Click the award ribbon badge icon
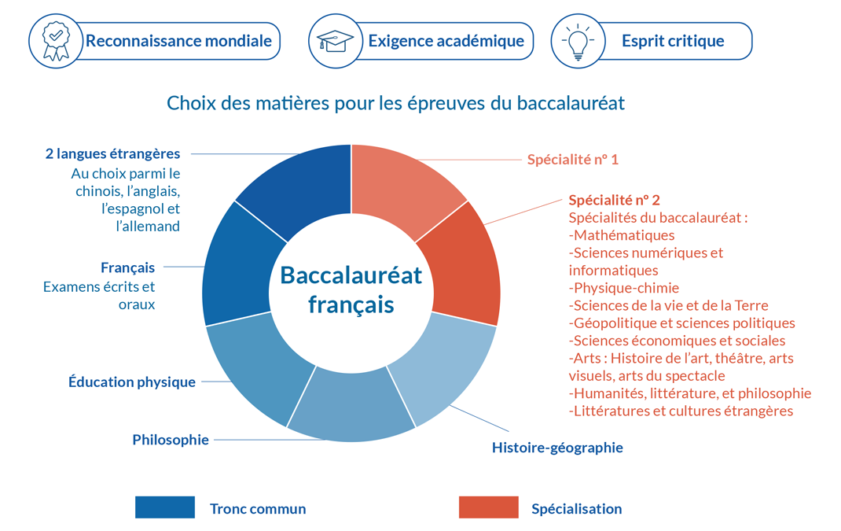click(56, 41)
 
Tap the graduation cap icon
click(335, 41)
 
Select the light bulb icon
click(578, 42)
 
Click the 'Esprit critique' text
click(673, 41)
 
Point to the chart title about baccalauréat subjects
click(396, 102)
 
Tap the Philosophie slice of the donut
click(351, 405)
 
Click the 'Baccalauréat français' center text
click(351, 289)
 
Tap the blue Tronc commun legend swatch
click(164, 507)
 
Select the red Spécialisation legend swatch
click(489, 507)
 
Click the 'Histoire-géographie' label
click(557, 448)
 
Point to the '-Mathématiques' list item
click(622, 235)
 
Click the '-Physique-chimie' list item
click(624, 288)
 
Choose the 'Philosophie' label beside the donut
click(171, 440)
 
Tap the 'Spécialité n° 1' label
click(573, 160)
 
